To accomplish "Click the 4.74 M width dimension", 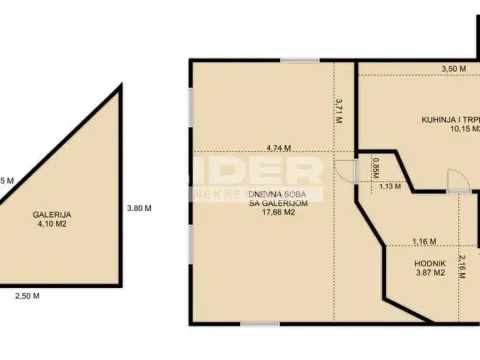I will pyautogui.click(x=272, y=148).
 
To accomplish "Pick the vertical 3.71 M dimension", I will pyautogui.click(x=339, y=110).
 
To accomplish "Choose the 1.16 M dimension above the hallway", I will pyautogui.click(x=424, y=241).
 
